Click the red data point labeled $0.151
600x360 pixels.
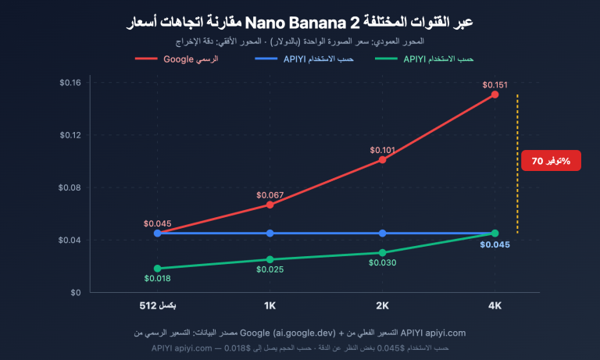495,94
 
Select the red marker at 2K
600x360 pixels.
382,159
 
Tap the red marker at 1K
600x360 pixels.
270,205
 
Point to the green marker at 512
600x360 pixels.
157,269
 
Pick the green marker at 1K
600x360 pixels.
270,259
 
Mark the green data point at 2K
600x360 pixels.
382,253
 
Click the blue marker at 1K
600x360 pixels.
270,233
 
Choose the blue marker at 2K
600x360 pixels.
382,233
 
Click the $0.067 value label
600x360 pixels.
270,194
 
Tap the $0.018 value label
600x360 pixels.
157,278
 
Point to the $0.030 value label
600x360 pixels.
382,263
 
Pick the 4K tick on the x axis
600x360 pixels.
495,305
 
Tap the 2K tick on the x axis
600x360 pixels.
382,305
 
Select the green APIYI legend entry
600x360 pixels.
426,58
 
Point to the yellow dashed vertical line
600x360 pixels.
517,164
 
